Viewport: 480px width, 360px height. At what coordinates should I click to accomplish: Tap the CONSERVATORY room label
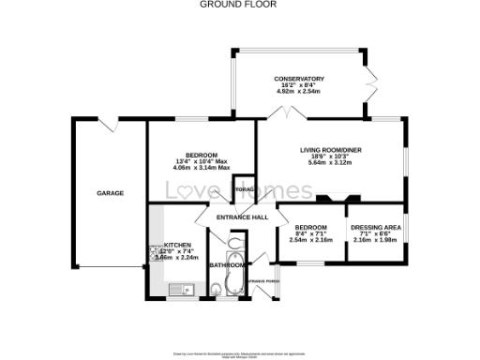pyautogui.click(x=299, y=79)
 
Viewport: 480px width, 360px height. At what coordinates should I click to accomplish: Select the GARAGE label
pyautogui.click(x=110, y=193)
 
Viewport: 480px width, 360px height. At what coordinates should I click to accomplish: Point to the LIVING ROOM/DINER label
pyautogui.click(x=331, y=150)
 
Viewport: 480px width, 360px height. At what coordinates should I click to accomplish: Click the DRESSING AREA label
pyautogui.click(x=375, y=227)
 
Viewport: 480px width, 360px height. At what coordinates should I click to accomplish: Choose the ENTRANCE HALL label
pyautogui.click(x=242, y=217)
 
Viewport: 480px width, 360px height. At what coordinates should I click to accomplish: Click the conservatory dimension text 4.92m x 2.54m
pyautogui.click(x=299, y=93)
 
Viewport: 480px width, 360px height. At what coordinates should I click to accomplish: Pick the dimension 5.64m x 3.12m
pyautogui.click(x=331, y=163)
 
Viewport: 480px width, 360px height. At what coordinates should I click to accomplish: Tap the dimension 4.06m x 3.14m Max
pyautogui.click(x=201, y=169)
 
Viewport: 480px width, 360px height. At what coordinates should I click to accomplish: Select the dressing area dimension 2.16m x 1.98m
pyautogui.click(x=375, y=241)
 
